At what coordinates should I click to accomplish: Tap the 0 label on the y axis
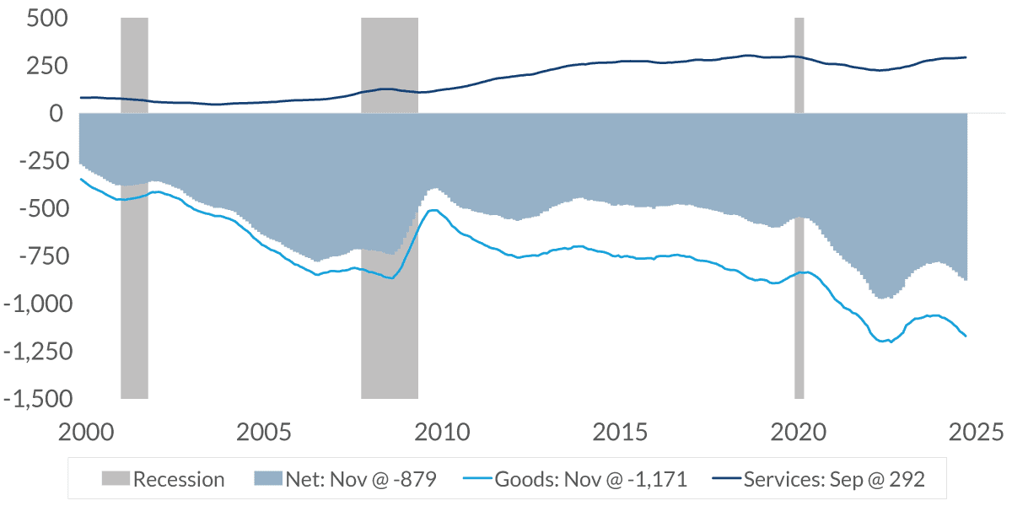(56, 113)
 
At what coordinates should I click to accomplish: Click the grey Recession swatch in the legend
(116, 480)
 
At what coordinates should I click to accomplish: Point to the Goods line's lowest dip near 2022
(891, 342)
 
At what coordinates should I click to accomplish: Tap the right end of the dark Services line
(966, 57)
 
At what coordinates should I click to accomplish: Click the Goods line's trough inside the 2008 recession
(390, 278)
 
